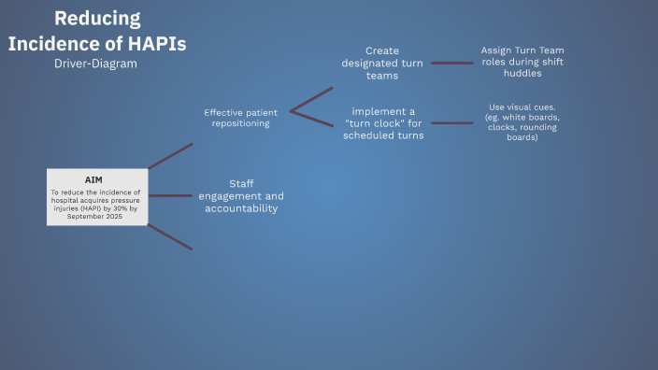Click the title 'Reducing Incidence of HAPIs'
[97, 31]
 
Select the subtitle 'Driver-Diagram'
[97, 64]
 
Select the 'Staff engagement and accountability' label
[241, 196]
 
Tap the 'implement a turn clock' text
[383, 122]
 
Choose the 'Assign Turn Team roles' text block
[522, 62]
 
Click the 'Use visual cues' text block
[523, 122]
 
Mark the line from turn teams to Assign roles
[451, 64]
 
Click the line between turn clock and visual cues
[451, 122]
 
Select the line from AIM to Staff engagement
[170, 195]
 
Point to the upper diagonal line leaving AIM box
[170, 156]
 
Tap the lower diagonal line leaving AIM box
[170, 236]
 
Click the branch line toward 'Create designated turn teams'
[312, 99]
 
